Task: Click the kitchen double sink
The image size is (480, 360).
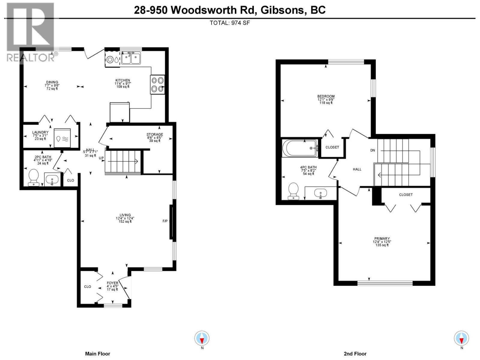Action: (x=131, y=58)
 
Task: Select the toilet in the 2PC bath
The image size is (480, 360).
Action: (x=33, y=177)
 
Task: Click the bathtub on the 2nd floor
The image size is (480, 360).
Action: (x=300, y=148)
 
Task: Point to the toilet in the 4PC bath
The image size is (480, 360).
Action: (x=293, y=191)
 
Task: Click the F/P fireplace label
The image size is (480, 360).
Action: (x=165, y=221)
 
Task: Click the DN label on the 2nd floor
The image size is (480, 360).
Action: (x=373, y=150)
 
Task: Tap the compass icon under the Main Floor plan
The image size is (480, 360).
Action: (x=202, y=339)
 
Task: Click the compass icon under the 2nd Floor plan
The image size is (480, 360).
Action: (x=461, y=339)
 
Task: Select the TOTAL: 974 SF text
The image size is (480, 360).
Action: (x=229, y=23)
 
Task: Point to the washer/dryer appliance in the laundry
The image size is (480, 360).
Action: (x=62, y=138)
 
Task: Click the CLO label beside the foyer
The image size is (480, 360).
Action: (x=88, y=287)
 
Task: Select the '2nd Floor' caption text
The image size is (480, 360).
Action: (x=355, y=354)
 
